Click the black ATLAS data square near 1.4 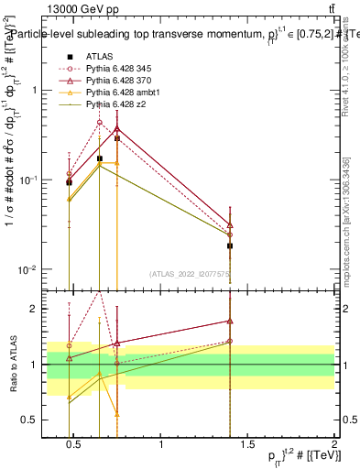[230, 245]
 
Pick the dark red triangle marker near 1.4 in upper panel [230, 224]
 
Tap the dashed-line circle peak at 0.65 [100, 122]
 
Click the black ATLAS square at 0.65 [100, 158]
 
